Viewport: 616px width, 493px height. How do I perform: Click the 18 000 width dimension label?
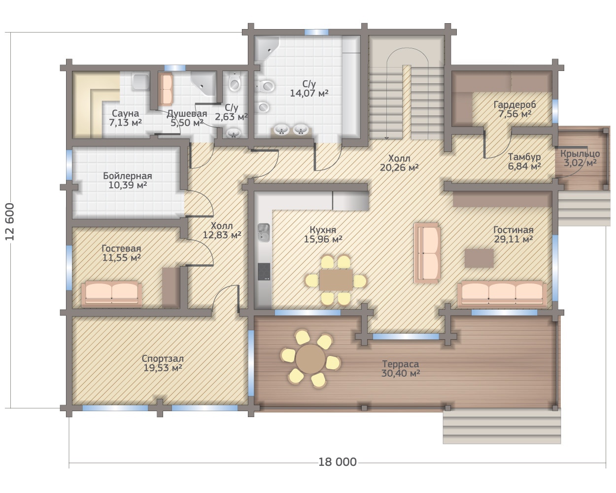pyautogui.click(x=338, y=462)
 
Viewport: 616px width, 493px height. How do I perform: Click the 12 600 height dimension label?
pyautogui.click(x=10, y=221)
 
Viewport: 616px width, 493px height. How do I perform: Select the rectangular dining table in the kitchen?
pyautogui.click(x=336, y=280)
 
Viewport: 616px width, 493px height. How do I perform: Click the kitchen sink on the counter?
pyautogui.click(x=263, y=232)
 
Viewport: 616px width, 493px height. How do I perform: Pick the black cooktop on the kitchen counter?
pyautogui.click(x=264, y=271)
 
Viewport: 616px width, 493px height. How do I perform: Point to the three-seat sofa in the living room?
pyautogui.click(x=502, y=295)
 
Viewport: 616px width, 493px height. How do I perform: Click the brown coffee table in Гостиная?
pyautogui.click(x=479, y=258)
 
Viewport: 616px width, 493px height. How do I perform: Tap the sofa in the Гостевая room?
pyautogui.click(x=111, y=294)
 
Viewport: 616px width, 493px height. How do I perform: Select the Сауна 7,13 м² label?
pyautogui.click(x=125, y=118)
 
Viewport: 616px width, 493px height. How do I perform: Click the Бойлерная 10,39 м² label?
pyautogui.click(x=128, y=180)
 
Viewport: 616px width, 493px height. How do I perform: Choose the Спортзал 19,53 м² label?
pyautogui.click(x=163, y=363)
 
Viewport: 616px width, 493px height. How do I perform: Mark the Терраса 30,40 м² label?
pyautogui.click(x=401, y=368)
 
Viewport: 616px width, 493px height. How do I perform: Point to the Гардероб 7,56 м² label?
pyautogui.click(x=514, y=109)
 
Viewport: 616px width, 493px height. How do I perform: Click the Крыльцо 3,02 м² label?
pyautogui.click(x=580, y=158)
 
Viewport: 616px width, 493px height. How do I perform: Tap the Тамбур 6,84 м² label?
pyautogui.click(x=524, y=161)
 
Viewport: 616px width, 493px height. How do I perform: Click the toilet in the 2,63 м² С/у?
pyautogui.click(x=234, y=82)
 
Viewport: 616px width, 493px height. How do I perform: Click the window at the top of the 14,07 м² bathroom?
pyautogui.click(x=316, y=32)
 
